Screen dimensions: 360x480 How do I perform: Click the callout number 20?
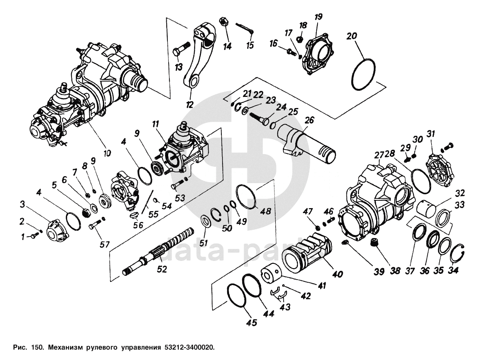[x=351, y=37]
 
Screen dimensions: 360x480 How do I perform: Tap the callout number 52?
[x=162, y=269]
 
